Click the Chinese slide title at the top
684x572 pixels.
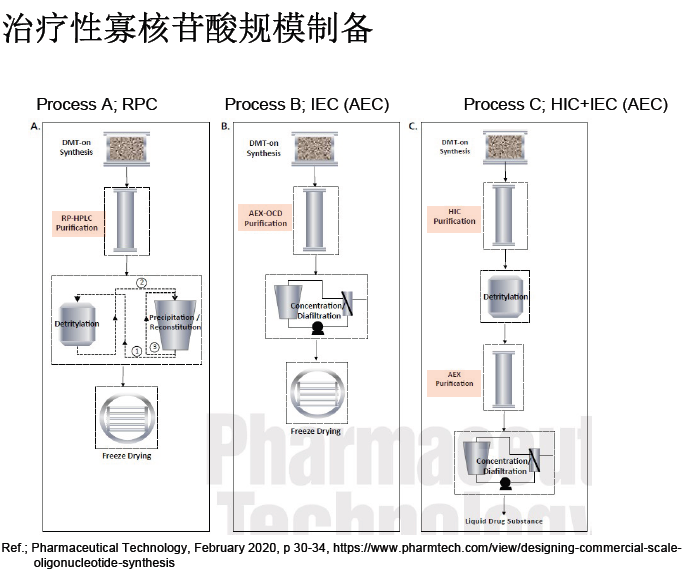[188, 31]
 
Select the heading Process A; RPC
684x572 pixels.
[97, 104]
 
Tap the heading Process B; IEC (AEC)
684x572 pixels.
[306, 104]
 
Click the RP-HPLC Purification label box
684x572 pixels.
[77, 222]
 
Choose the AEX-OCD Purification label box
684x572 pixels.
[265, 218]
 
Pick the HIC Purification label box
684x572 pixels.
[454, 215]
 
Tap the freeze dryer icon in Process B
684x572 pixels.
[316, 391]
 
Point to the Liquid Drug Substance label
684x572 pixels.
[504, 521]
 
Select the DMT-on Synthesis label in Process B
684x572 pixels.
[264, 148]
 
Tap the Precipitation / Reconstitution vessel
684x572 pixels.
[172, 322]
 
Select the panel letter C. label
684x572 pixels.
[413, 127]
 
